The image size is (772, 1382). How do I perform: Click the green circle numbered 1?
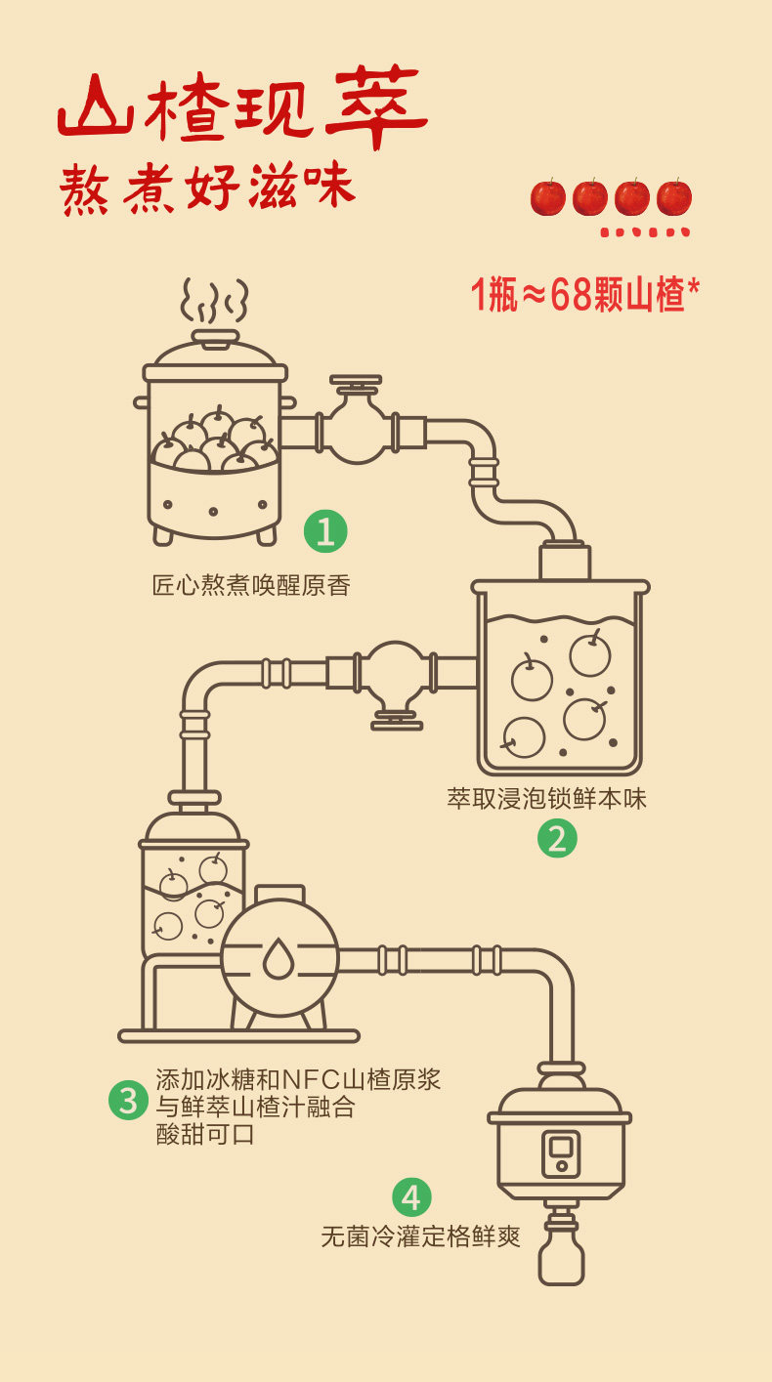pos(325,531)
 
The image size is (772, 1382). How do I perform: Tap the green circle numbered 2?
pos(557,838)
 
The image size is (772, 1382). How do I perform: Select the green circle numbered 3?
pos(128,1100)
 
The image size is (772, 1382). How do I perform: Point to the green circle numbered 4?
pos(411,1197)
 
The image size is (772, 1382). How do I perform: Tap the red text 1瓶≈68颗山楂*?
pos(585,294)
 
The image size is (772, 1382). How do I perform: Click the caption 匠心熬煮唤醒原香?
pos(251,586)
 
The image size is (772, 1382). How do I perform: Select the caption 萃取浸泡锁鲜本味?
pos(547,799)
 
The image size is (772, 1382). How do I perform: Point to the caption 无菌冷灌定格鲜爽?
pos(421,1236)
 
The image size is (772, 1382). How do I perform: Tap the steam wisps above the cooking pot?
pos(214,301)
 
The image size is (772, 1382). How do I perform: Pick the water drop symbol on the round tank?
pos(279,958)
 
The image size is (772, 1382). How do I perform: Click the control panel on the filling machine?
pos(561,1153)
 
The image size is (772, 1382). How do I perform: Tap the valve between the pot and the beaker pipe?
pos(357,427)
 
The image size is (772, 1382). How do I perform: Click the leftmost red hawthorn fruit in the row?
pos(548,197)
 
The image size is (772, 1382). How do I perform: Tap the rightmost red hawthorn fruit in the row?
pos(674,197)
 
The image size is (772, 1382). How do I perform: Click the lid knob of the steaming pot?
pos(215,337)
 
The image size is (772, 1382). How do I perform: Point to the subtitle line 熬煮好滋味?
pos(206,188)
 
